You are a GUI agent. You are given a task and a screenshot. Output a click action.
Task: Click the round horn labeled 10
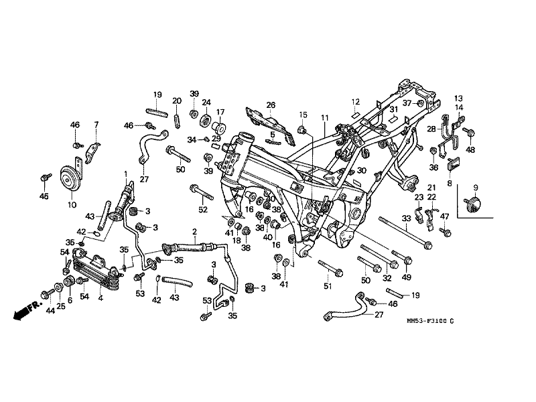pyautogui.click(x=70, y=179)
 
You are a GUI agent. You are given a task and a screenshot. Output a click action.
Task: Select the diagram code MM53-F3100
pyautogui.click(x=427, y=321)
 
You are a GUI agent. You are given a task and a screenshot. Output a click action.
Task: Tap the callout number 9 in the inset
pyautogui.click(x=476, y=188)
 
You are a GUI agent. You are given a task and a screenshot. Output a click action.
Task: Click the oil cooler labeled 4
pyautogui.click(x=97, y=270)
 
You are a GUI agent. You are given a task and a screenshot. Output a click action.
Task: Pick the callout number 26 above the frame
pyautogui.click(x=271, y=105)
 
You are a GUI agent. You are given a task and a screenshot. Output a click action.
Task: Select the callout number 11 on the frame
pyautogui.click(x=325, y=118)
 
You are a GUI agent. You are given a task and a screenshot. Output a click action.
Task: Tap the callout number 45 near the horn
pyautogui.click(x=44, y=196)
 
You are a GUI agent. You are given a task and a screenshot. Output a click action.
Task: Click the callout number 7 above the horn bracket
pyautogui.click(x=96, y=125)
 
